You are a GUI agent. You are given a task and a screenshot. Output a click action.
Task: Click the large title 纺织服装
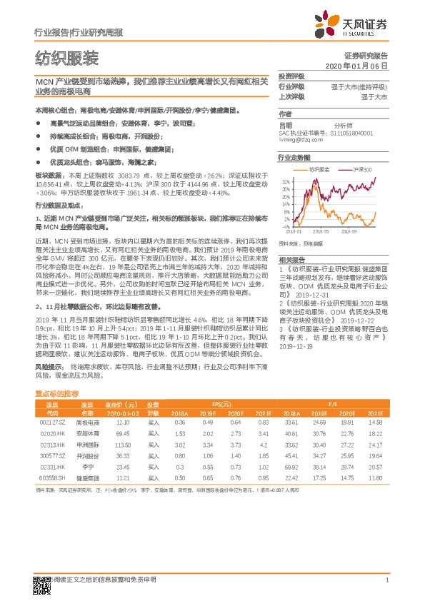tap(66, 58)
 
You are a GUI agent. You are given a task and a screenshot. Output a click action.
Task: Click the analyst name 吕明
tap(285, 124)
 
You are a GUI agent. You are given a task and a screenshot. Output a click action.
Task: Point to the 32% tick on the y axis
tap(285, 182)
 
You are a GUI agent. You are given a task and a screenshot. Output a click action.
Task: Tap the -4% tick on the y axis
tap(286, 227)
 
